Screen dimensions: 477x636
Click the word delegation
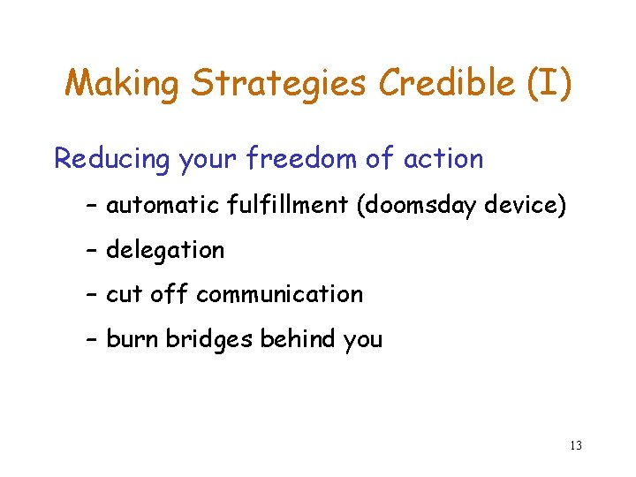click(x=165, y=251)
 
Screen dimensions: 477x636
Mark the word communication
click(x=279, y=294)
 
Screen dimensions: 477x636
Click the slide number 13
click(x=575, y=445)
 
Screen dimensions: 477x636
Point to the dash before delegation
click(x=92, y=251)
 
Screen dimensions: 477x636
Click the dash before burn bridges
click(x=92, y=339)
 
